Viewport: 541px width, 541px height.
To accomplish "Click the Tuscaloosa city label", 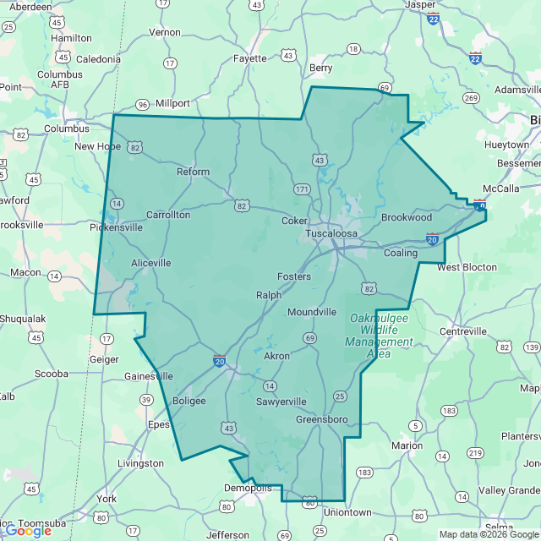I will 331,232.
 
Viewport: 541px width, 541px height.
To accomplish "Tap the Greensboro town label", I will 322,418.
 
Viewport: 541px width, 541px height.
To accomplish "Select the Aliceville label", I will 150,263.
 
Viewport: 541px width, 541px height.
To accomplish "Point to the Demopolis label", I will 248,488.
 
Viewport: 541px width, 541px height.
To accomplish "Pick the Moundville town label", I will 312,312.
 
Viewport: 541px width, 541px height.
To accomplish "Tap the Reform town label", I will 193,172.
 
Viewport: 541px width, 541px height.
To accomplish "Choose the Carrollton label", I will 168,215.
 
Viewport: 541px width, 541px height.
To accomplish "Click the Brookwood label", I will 406,217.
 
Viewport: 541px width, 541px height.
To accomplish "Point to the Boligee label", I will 189,401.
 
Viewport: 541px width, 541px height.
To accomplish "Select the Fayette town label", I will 249,58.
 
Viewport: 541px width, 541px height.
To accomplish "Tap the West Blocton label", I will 467,267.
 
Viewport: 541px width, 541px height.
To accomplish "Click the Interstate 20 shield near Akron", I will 220,361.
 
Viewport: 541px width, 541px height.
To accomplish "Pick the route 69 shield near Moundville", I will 310,338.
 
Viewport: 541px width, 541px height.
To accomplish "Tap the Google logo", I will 28,530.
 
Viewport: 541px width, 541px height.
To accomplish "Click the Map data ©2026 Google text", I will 489,534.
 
